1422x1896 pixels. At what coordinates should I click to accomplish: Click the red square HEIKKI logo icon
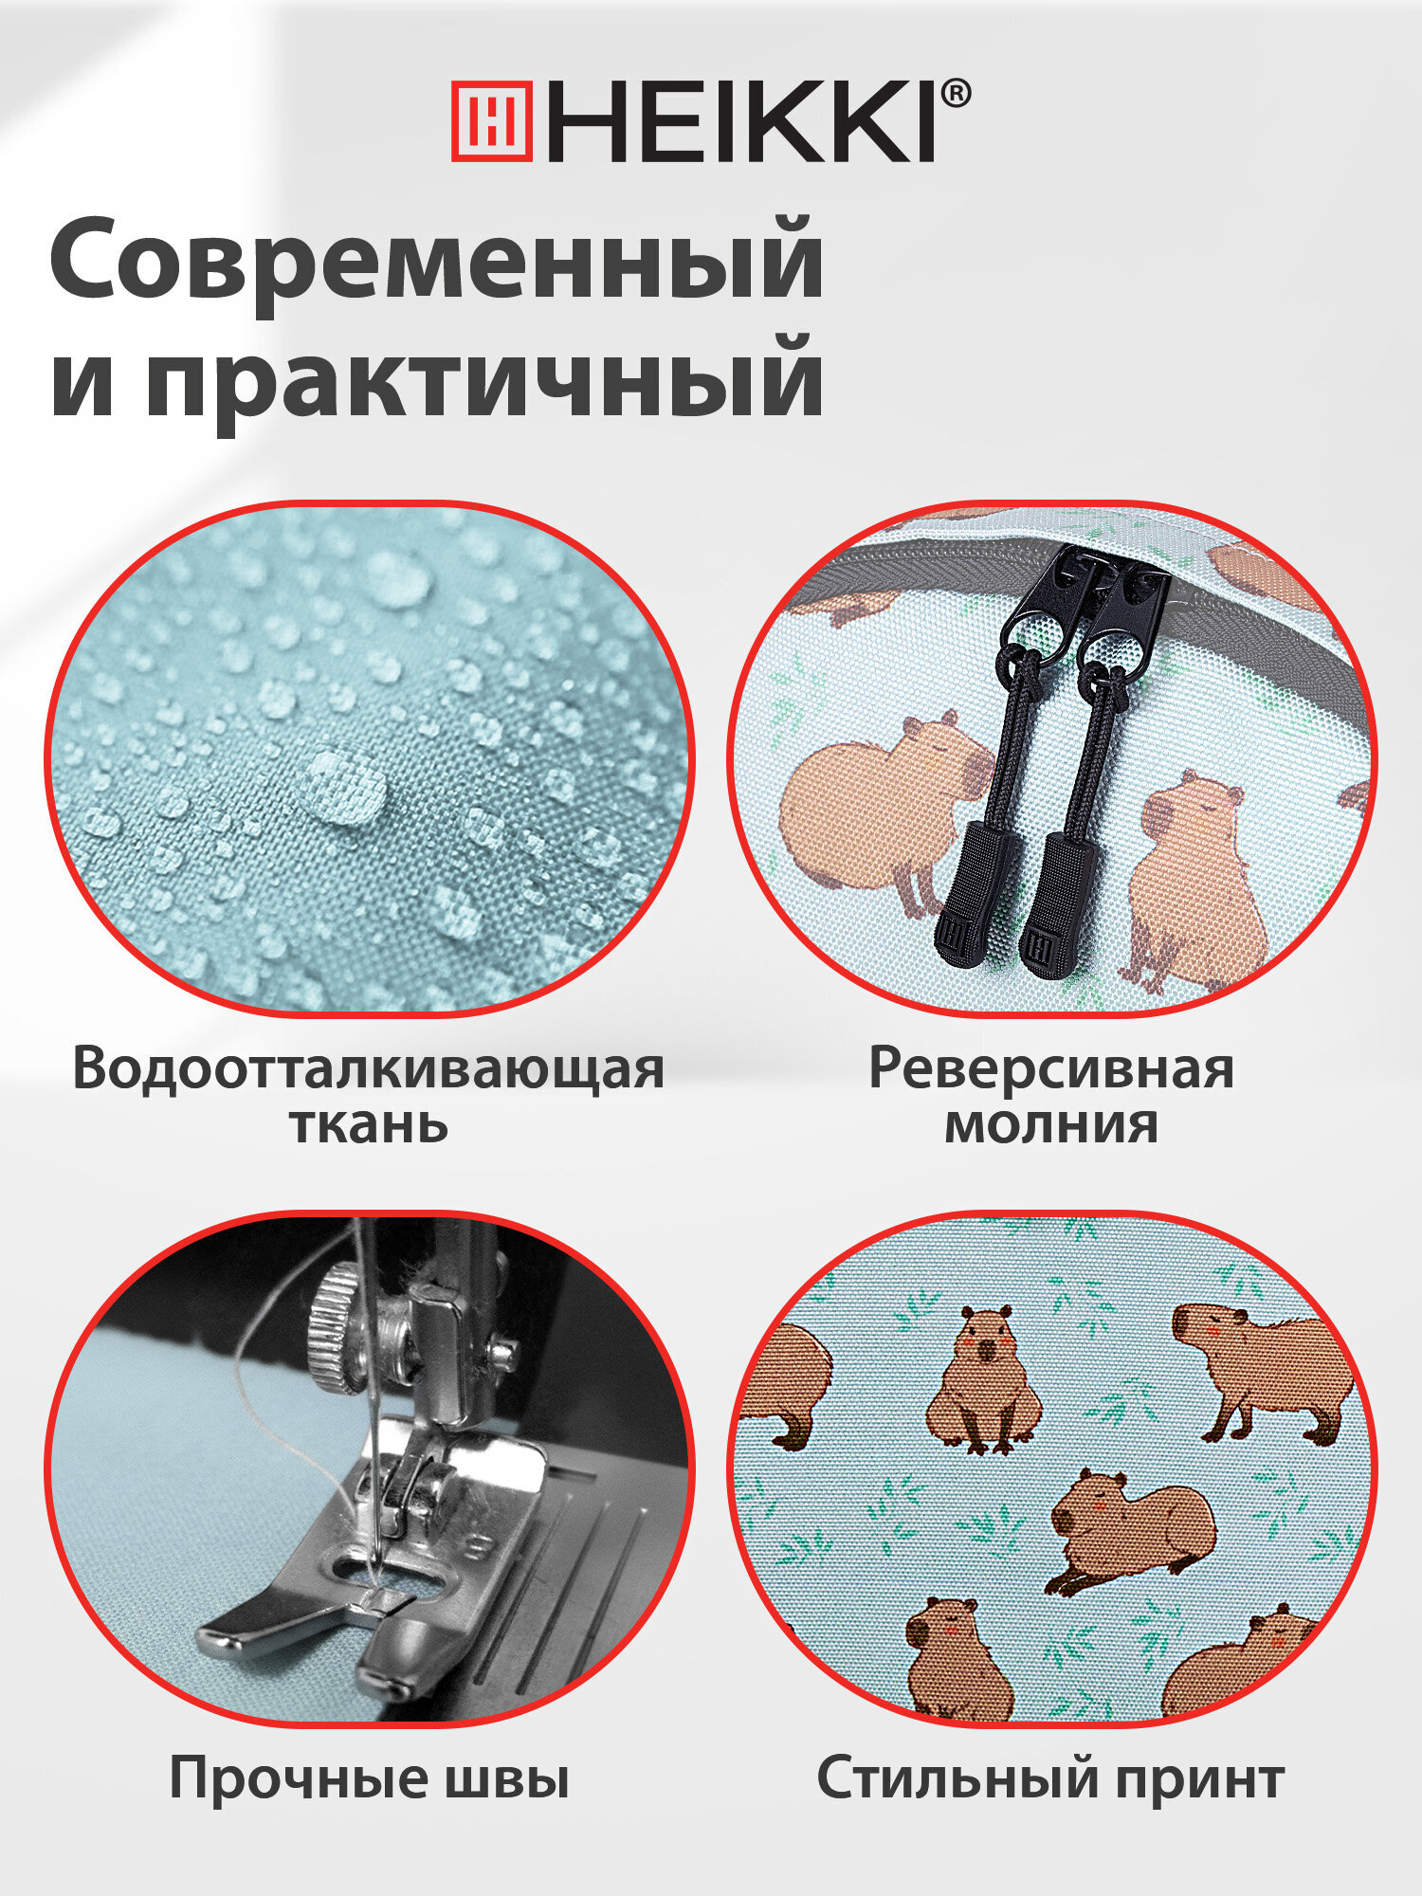tap(491, 120)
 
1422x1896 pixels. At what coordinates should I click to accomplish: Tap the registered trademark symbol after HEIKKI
tap(956, 95)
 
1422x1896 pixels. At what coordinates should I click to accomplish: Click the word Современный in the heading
tap(437, 259)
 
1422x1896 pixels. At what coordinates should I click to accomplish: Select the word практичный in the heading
tap(484, 379)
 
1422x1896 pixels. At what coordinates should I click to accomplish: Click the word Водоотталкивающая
tap(369, 1068)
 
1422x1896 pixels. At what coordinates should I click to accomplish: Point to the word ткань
tap(369, 1124)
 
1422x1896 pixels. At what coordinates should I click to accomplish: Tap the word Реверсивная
tap(1051, 1068)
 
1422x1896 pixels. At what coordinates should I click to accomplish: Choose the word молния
tap(1051, 1124)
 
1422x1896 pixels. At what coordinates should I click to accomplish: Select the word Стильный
tap(955, 1777)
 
